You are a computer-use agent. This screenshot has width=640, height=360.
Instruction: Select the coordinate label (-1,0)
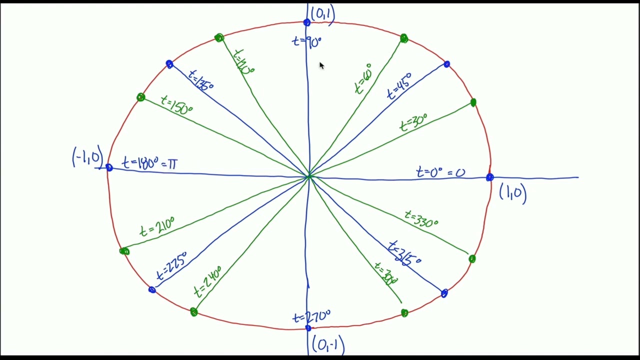click(x=88, y=157)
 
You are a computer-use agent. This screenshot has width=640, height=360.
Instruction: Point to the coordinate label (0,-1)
click(x=327, y=344)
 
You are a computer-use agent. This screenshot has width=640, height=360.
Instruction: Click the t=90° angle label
click(x=306, y=42)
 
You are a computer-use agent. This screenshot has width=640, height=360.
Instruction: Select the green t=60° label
click(x=363, y=79)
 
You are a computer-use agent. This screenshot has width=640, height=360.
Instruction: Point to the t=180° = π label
click(x=149, y=163)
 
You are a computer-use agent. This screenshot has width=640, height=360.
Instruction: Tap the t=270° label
click(x=311, y=317)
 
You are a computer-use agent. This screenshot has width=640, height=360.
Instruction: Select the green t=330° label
click(x=421, y=219)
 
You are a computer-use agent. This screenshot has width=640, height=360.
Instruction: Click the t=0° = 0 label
click(x=440, y=173)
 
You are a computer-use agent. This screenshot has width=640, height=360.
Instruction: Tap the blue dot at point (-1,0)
click(x=109, y=168)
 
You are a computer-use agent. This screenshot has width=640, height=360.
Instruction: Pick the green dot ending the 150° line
click(x=140, y=97)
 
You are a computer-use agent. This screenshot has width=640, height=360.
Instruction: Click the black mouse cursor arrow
click(x=321, y=65)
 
